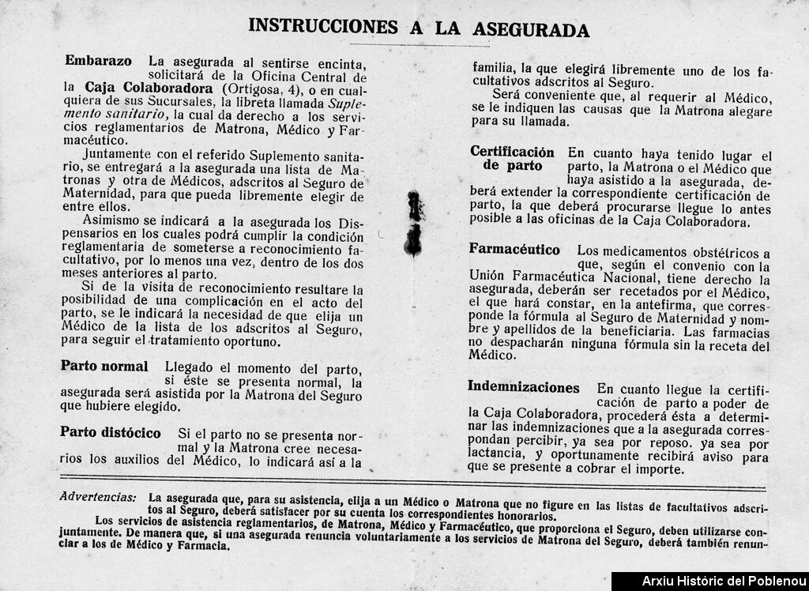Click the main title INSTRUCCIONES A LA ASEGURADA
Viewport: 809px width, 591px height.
419,27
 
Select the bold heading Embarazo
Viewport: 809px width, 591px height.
98,61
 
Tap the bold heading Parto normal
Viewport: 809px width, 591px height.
104,367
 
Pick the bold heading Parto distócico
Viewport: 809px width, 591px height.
111,433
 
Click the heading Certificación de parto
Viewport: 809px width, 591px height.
512,159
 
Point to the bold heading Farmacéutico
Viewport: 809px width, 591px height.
514,250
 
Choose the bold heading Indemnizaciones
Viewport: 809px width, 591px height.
523,387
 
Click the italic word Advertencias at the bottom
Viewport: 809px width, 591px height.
97,497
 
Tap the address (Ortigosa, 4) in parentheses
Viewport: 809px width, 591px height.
260,88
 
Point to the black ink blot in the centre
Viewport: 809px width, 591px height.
413,224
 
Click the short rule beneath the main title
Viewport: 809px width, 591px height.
419,45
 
